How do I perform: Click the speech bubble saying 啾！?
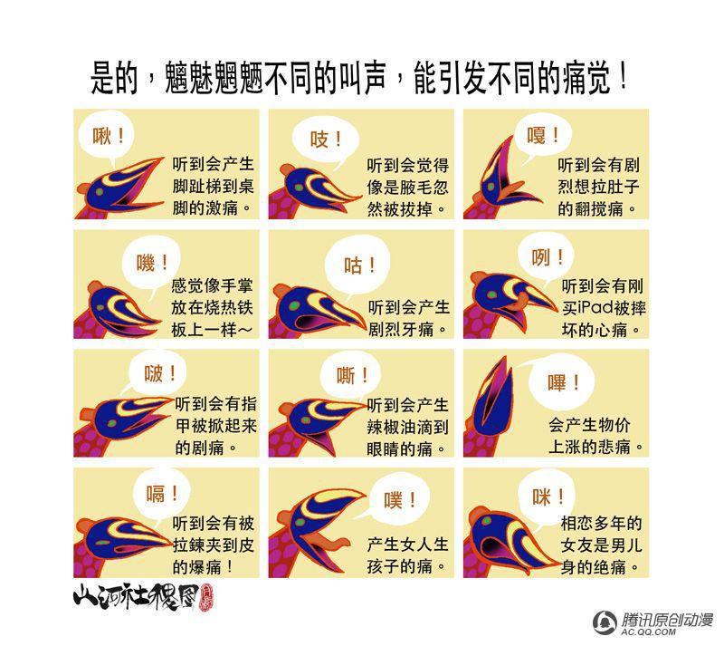coord(106,137)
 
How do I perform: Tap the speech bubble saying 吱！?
coord(326,139)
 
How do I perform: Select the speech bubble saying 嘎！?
coord(542,135)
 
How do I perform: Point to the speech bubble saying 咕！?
coord(357,265)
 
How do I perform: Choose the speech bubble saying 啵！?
coord(157,373)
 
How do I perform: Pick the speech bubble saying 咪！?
coord(548,497)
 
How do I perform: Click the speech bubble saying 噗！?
coord(399,499)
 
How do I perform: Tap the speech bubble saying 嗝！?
coord(161,494)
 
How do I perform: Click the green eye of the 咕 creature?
coord(293,305)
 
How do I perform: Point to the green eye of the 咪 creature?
coord(486,521)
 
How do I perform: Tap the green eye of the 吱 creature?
coord(300,188)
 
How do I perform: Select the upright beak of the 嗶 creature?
coord(493,398)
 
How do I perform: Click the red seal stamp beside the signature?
coord(206,598)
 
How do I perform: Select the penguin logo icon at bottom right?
coord(605,622)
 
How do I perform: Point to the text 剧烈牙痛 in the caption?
coord(401,329)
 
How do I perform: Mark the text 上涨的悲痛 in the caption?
coord(589,448)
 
